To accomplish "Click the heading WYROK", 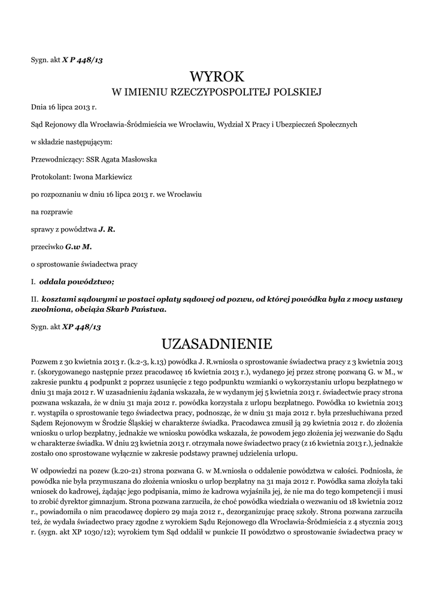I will coord(217,76).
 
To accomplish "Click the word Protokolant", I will coord(50,177).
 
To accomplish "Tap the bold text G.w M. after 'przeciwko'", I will coord(78,246).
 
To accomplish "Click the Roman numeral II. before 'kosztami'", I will coord(35,298).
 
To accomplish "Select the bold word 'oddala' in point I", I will coord(51,281).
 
